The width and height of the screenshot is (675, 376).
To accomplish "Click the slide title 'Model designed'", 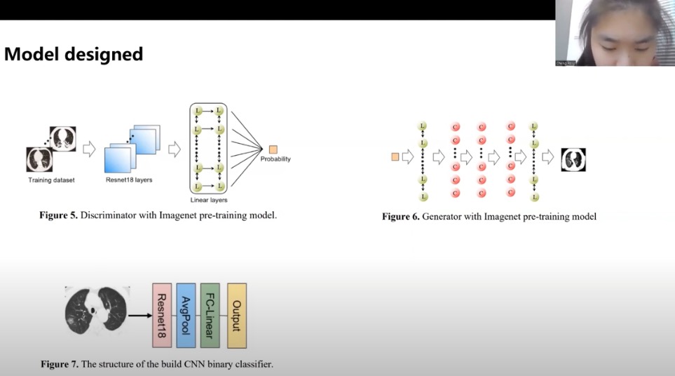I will (x=74, y=54).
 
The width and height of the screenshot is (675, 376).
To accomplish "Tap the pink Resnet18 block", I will (x=162, y=316).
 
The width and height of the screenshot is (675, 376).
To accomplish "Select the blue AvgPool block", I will (x=186, y=316).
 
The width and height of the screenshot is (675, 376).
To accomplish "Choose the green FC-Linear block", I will (x=210, y=316).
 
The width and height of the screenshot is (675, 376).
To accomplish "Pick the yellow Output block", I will (x=237, y=316).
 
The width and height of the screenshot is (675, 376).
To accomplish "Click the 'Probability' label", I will (x=275, y=159).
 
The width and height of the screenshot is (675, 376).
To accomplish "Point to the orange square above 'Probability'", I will (x=273, y=149).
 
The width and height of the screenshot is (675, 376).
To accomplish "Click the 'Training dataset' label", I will (x=51, y=180).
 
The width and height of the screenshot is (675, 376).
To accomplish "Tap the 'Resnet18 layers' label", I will (x=128, y=180).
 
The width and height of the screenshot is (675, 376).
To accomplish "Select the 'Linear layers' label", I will (x=208, y=200).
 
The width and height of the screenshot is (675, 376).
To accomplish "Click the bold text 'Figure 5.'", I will (x=58, y=215).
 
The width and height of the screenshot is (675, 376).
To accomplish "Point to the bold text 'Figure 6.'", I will (x=400, y=217).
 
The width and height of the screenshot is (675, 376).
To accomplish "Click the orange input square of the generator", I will (x=395, y=157).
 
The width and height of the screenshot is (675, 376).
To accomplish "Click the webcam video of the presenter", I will (x=615, y=33).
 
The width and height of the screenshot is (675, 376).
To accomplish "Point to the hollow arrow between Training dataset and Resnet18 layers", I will (x=89, y=149).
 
